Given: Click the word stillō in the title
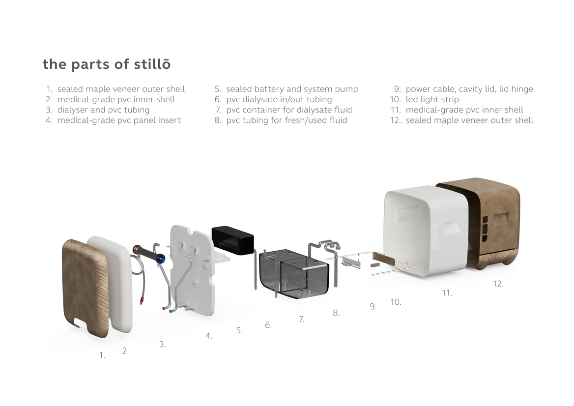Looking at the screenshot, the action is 152,64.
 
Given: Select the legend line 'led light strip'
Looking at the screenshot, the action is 432,100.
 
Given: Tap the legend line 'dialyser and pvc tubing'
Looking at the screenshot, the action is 103,110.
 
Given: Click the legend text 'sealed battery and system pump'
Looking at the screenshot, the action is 292,89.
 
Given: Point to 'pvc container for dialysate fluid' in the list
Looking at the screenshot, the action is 289,110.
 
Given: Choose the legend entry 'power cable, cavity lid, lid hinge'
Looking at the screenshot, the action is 469,89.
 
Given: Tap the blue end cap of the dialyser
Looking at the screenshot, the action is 160,259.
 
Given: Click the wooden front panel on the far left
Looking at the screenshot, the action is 86,288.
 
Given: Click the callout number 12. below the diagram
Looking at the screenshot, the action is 498,284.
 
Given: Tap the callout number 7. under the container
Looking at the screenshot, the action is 302,319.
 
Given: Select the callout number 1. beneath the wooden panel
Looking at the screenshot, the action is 102,355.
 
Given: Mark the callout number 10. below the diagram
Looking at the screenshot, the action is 396,302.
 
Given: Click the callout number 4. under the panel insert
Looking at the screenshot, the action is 209,336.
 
